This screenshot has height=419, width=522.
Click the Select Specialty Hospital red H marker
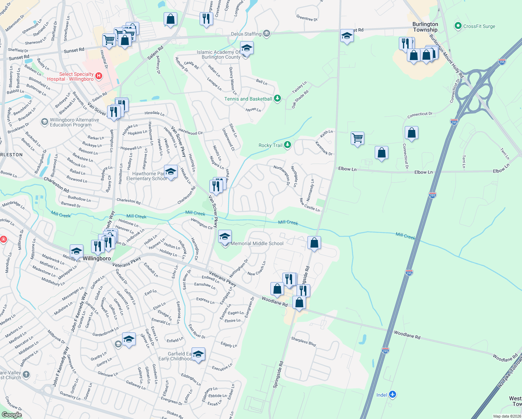99,76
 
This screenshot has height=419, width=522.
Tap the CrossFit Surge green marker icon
458,26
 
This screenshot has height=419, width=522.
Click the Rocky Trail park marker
287,145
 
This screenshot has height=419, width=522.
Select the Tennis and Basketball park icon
277,98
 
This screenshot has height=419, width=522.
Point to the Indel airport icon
393,395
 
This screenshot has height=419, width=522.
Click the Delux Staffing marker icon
267,34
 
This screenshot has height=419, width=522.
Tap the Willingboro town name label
97,258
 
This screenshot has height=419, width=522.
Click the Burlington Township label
425,27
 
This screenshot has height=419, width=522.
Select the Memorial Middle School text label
257,243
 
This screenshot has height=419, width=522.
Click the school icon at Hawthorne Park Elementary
170,172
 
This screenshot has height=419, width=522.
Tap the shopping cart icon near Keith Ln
357,138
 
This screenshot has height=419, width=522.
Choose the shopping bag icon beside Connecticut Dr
411,133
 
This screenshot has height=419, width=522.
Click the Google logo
12,414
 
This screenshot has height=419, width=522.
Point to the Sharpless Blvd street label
304,341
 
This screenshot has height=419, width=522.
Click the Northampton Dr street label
282,175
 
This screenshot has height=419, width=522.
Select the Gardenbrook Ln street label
105,332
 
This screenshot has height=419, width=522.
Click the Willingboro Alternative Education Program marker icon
44,122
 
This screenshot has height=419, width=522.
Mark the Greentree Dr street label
307,18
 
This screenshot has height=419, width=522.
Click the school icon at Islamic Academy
247,48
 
